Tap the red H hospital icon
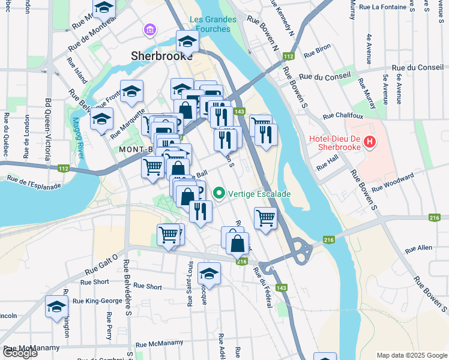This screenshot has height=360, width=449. pyautogui.click(x=370, y=142)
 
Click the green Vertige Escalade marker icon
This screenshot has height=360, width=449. pyautogui.click(x=219, y=194)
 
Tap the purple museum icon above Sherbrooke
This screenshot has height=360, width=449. pyautogui.click(x=149, y=29)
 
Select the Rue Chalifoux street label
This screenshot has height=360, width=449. pyautogui.click(x=344, y=116)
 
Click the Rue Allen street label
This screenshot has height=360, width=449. pyautogui.click(x=418, y=248)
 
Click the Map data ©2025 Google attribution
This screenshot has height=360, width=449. pyautogui.click(x=411, y=355)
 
